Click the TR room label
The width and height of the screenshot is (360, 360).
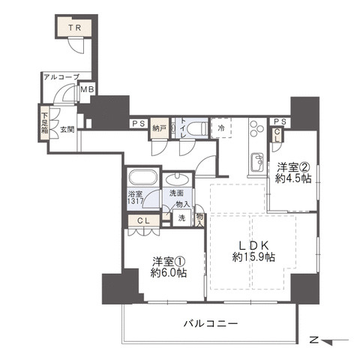point(75,28)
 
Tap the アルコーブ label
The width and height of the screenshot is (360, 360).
point(61,77)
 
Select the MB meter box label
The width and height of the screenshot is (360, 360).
point(87,89)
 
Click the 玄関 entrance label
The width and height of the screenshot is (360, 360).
point(67,130)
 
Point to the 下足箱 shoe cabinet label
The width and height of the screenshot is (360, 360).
point(45,123)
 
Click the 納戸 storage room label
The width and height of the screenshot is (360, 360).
point(159,128)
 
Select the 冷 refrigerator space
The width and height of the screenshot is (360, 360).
point(221,127)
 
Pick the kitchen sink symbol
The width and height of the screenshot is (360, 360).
point(257,162)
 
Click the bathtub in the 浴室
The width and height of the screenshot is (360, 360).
point(142,177)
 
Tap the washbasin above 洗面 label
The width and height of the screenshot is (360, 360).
point(178,179)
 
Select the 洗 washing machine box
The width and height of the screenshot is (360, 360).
point(182,218)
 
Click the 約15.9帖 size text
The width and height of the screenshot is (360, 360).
point(253,256)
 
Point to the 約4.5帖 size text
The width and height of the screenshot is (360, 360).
point(293,178)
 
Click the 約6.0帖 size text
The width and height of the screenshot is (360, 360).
point(169,273)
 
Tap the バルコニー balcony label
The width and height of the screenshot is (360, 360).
point(211,324)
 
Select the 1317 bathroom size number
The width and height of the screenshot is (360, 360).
point(135,201)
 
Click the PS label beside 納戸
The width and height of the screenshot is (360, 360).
point(139,124)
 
